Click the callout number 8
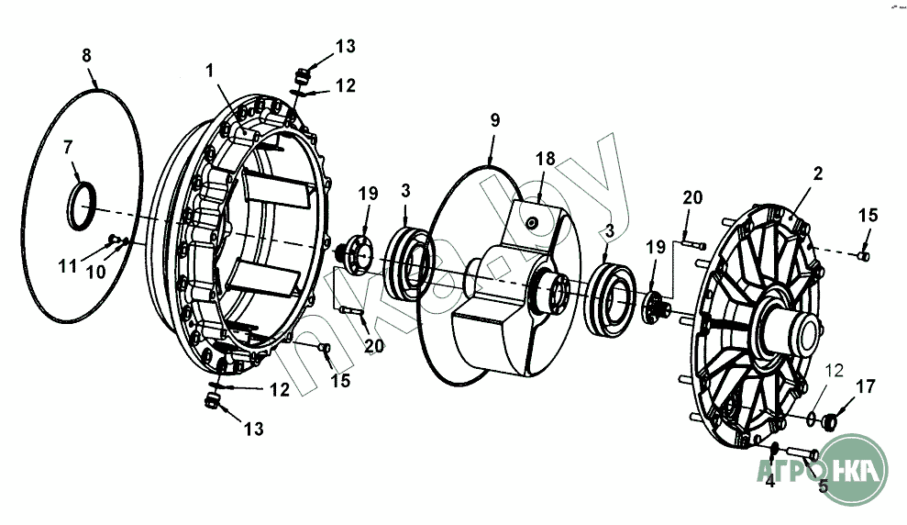[86, 56]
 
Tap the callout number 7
[68, 148]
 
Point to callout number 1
[210, 71]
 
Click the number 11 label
[68, 266]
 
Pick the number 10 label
[96, 272]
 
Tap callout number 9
[494, 120]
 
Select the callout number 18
[545, 159]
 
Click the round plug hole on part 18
[531, 223]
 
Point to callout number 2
[817, 173]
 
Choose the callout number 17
[866, 386]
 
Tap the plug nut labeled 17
[829, 421]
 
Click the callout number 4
[769, 481]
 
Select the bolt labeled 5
[802, 452]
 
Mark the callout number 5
[824, 486]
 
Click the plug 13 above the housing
[303, 75]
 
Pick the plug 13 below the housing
[212, 400]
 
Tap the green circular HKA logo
[853, 469]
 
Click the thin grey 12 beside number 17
[835, 371]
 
